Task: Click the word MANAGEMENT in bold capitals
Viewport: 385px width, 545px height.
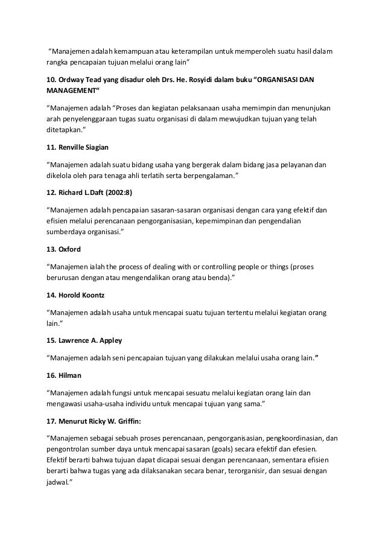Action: coord(67,92)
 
